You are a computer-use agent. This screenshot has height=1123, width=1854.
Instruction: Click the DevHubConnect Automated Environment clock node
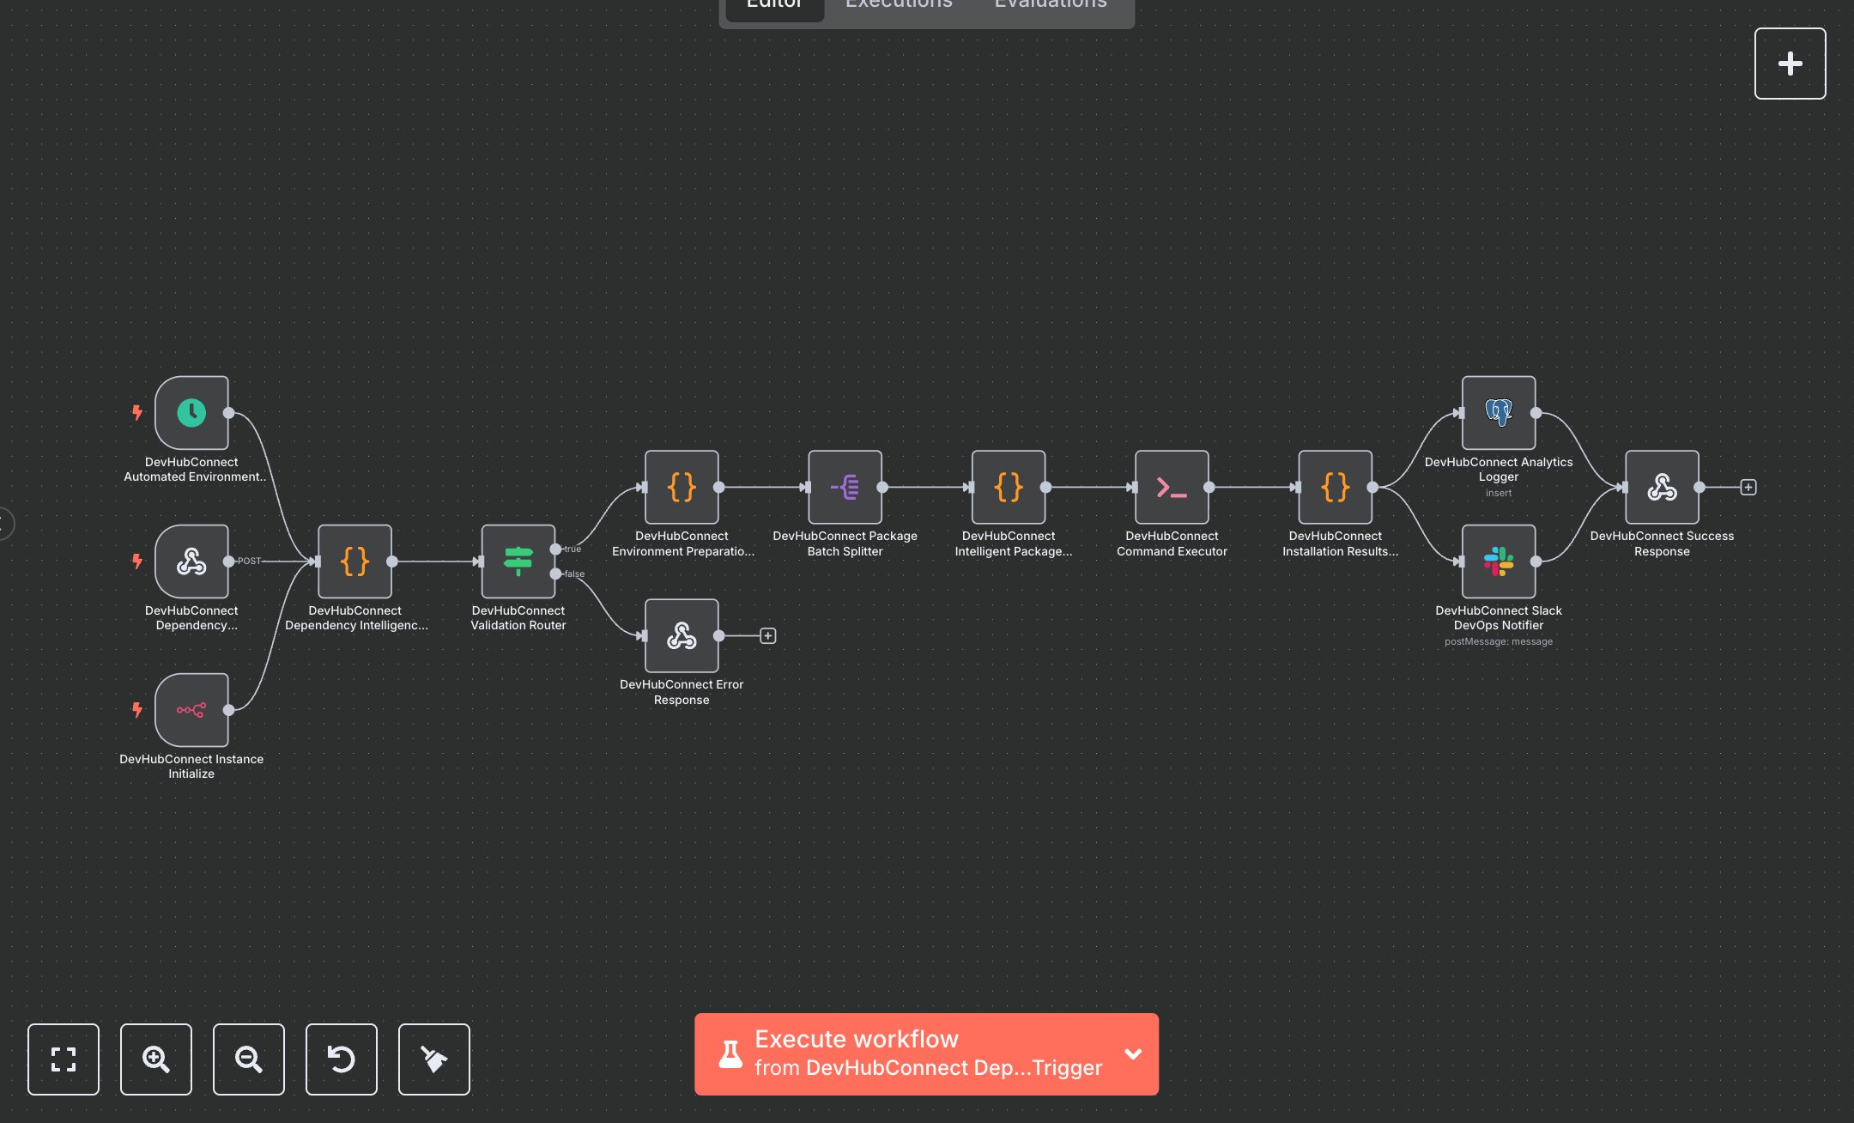191,413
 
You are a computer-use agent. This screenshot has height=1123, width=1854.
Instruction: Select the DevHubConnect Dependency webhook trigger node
191,561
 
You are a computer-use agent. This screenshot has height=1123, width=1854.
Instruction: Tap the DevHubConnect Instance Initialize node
191,710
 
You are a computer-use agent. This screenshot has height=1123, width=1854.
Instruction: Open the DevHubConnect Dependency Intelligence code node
354,561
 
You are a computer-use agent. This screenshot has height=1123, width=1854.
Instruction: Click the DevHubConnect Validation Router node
518,561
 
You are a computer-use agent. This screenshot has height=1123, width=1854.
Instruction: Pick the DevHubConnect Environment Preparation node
682,488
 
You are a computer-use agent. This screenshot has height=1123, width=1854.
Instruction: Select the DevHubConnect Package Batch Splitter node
845,488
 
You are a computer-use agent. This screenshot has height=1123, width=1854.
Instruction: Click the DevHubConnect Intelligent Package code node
1009,488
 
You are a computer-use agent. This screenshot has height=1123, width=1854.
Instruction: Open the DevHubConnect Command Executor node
1172,488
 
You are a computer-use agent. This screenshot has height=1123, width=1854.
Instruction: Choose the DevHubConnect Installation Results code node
1336,488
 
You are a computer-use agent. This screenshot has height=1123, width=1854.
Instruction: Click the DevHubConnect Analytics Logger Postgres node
1499,413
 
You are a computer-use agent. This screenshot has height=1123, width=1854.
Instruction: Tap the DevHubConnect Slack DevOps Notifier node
1499,561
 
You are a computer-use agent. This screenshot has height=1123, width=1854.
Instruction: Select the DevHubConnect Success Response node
1662,488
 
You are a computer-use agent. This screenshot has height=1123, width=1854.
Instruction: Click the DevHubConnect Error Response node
682,636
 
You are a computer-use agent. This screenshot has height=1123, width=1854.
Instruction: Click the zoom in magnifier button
156,1059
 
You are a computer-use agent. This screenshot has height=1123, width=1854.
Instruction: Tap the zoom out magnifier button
249,1059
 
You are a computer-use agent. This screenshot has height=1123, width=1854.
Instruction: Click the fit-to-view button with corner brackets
64,1059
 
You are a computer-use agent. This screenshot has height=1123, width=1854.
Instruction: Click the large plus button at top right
1790,64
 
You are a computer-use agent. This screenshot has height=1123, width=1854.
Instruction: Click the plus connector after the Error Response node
768,636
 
